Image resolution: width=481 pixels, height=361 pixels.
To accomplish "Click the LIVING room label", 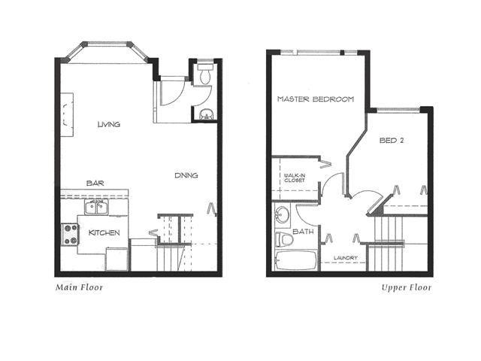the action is pyautogui.click(x=108, y=124).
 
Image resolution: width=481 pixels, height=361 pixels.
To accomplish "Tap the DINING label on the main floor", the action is pyautogui.click(x=186, y=175).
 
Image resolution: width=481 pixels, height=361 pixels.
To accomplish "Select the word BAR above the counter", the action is pyautogui.click(x=95, y=184).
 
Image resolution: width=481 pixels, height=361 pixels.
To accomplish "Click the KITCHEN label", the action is pyautogui.click(x=104, y=232).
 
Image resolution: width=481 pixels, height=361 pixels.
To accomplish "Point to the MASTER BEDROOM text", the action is pyautogui.click(x=316, y=99).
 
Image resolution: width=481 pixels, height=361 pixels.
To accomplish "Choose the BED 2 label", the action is pyautogui.click(x=392, y=141).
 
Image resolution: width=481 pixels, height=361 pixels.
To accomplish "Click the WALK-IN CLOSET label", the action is pyautogui.click(x=295, y=178).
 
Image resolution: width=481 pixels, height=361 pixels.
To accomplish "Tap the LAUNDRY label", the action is pyautogui.click(x=346, y=258).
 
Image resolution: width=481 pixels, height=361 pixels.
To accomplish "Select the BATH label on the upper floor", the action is pyautogui.click(x=303, y=232).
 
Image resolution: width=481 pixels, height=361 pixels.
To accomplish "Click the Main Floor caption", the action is pyautogui.click(x=79, y=287).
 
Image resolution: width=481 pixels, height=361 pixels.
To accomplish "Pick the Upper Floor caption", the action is pyautogui.click(x=407, y=287).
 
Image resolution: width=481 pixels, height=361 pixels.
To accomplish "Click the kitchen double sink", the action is pyautogui.click(x=96, y=208).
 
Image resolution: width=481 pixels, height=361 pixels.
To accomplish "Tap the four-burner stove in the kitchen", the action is pyautogui.click(x=70, y=235).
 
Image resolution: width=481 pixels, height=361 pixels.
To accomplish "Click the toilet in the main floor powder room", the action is pyautogui.click(x=204, y=74).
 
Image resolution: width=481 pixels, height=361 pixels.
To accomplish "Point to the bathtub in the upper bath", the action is pyautogui.click(x=295, y=261).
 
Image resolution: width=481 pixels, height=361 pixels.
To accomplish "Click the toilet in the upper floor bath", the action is pyautogui.click(x=284, y=239).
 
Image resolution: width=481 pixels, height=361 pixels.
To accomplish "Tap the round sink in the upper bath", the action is pyautogui.click(x=282, y=215).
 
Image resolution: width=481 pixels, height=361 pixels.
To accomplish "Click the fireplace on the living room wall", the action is pyautogui.click(x=67, y=115).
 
